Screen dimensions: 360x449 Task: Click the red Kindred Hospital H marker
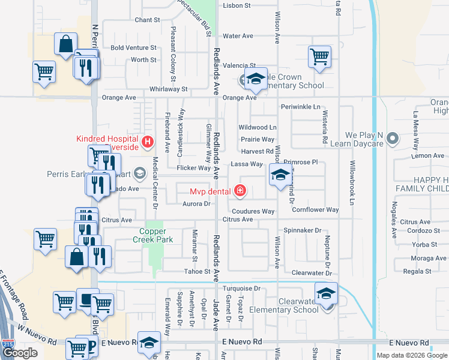[148, 142]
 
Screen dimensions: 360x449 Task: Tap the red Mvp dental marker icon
[240, 191]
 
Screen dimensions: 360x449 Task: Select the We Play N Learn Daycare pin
[393, 139]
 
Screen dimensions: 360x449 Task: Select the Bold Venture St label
[133, 47]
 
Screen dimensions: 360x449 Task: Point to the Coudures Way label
[253, 211]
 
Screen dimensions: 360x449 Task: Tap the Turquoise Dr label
[241, 289]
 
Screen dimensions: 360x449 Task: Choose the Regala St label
[417, 271]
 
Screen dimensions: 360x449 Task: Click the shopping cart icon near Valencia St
[319, 57]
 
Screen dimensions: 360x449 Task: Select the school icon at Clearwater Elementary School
[326, 293]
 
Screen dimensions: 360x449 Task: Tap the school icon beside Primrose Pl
[280, 175]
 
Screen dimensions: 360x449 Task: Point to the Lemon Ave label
[428, 156]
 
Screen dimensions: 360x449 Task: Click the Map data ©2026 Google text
[412, 355]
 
